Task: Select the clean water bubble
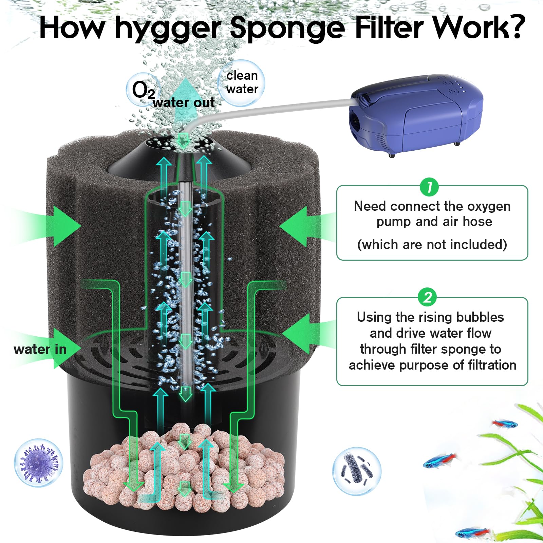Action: coord(242,82)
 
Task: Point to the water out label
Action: coord(184,102)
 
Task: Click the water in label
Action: coord(40,349)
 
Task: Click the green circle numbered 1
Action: coord(429,187)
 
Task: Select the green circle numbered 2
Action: coord(428,298)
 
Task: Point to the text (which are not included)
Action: coord(432,244)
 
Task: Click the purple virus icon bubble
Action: coord(39,463)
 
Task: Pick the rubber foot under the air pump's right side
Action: coord(457,144)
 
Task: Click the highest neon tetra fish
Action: coord(505,424)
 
